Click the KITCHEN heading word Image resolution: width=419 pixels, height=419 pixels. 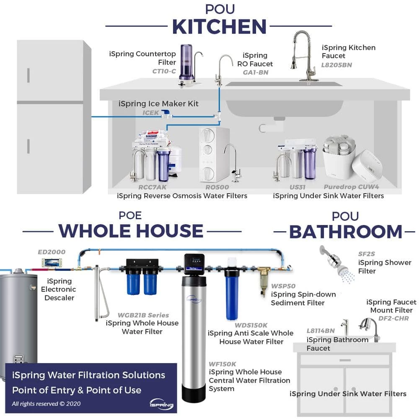[x=219, y=27]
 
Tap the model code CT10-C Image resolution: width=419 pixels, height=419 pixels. [x=164, y=71]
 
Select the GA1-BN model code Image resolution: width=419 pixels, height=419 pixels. [x=256, y=72]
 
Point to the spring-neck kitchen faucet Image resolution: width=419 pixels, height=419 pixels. [x=302, y=56]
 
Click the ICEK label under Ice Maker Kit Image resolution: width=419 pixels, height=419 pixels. [x=151, y=113]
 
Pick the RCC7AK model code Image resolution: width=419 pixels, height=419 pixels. [x=153, y=187]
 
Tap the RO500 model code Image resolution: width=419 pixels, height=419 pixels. [x=217, y=187]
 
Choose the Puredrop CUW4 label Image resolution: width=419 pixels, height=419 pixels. [x=351, y=187]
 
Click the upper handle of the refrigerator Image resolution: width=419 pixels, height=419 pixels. [x=28, y=75]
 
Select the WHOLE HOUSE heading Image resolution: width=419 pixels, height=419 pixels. [x=131, y=231]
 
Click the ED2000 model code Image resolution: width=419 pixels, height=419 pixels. [x=52, y=252]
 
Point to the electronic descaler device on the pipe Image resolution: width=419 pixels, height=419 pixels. [x=52, y=262]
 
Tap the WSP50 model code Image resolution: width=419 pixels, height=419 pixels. [x=283, y=286]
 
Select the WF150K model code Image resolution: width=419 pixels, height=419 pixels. [x=222, y=364]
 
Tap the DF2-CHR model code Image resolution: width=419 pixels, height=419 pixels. [x=393, y=318]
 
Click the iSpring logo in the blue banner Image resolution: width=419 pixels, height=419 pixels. [x=162, y=404]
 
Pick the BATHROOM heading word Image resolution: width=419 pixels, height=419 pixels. [x=346, y=232]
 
